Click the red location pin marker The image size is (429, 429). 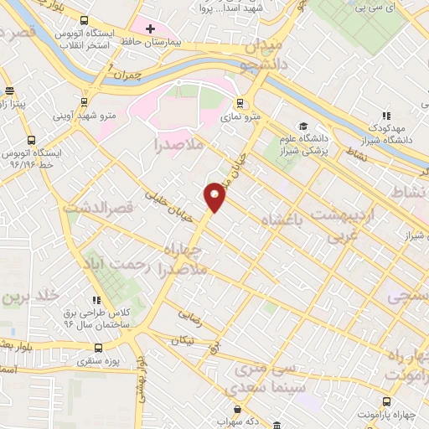tap(215, 196)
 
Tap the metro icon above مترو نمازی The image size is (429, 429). tap(241, 104)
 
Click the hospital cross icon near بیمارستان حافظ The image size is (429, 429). tap(151, 29)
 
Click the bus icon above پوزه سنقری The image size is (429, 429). tap(100, 348)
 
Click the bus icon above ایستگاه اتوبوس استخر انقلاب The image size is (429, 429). tap(83, 19)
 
